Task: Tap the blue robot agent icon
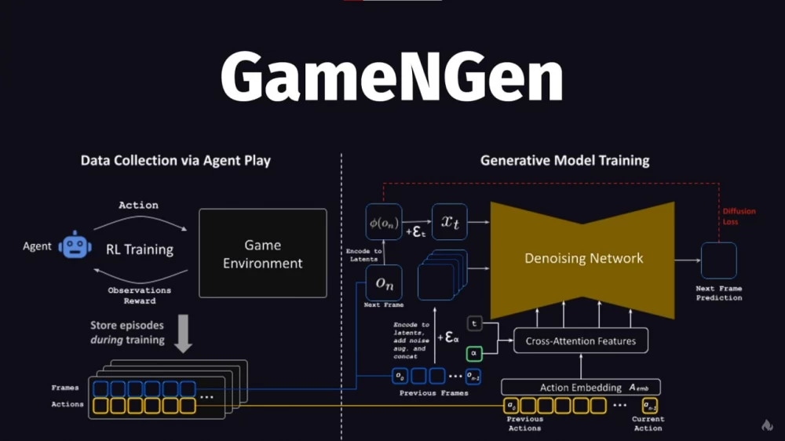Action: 75,246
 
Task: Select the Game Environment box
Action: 262,253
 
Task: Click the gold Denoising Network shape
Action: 583,258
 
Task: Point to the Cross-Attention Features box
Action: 581,341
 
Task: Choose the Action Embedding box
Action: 581,388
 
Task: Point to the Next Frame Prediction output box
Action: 718,261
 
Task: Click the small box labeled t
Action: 474,323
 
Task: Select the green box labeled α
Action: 474,353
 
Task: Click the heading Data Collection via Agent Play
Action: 175,161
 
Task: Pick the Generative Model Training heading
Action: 564,161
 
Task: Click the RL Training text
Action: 140,250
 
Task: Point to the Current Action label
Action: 648,424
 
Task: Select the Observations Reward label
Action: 140,296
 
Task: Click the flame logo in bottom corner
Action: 767,425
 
